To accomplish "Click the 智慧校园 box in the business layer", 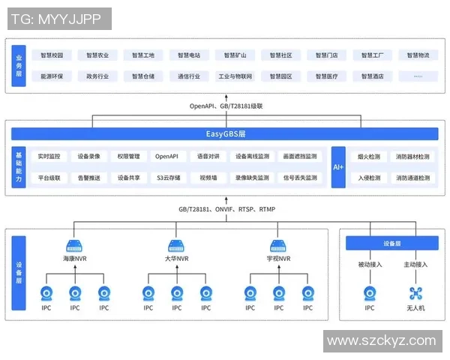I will click(52, 55).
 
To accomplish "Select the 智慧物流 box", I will click(413, 55).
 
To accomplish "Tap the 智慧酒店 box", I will click(373, 76).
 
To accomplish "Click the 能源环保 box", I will click(52, 76).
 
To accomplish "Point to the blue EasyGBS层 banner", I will click(225, 134).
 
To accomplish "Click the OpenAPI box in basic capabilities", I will click(166, 157).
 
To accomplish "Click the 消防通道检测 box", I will click(413, 178).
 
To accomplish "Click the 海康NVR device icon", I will click(73, 245).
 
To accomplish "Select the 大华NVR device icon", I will click(176, 245).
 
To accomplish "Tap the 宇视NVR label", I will click(278, 259).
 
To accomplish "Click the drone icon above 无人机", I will click(415, 292).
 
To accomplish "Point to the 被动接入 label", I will click(370, 264).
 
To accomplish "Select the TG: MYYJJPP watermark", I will click(58, 19).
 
